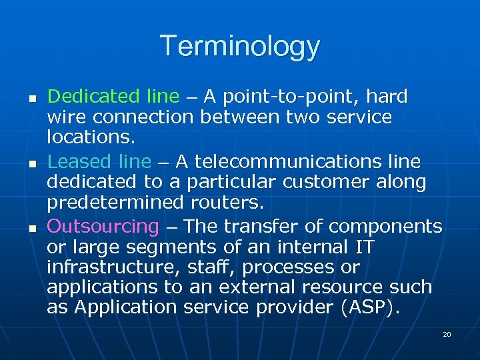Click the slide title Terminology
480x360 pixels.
coord(240,47)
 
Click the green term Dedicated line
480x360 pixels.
coord(113,97)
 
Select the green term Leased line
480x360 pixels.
coord(99,161)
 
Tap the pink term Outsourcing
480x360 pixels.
coord(103,227)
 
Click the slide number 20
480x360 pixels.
coord(447,334)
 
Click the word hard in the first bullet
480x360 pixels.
coord(387,97)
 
